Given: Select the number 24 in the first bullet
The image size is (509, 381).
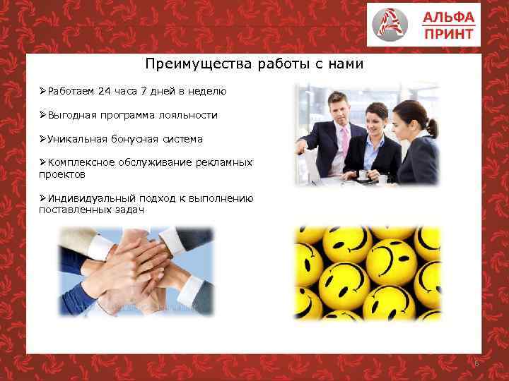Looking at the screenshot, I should click(105, 91).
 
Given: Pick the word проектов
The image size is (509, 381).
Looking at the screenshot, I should click(62, 173).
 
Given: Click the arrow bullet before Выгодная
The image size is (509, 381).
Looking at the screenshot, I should click(42, 115).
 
